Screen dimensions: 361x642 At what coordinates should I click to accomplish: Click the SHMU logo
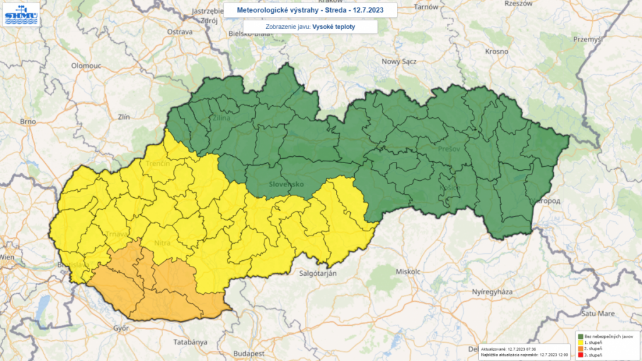(21, 14)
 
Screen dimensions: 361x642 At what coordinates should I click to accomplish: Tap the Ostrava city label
(179, 32)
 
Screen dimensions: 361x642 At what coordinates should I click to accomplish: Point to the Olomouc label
(86, 65)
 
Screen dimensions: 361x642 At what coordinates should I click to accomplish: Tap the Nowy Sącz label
(399, 62)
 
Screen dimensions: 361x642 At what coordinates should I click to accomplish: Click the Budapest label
(248, 354)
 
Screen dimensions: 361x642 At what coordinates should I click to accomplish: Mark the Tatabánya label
(190, 342)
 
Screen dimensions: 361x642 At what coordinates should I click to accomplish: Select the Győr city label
(120, 328)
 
